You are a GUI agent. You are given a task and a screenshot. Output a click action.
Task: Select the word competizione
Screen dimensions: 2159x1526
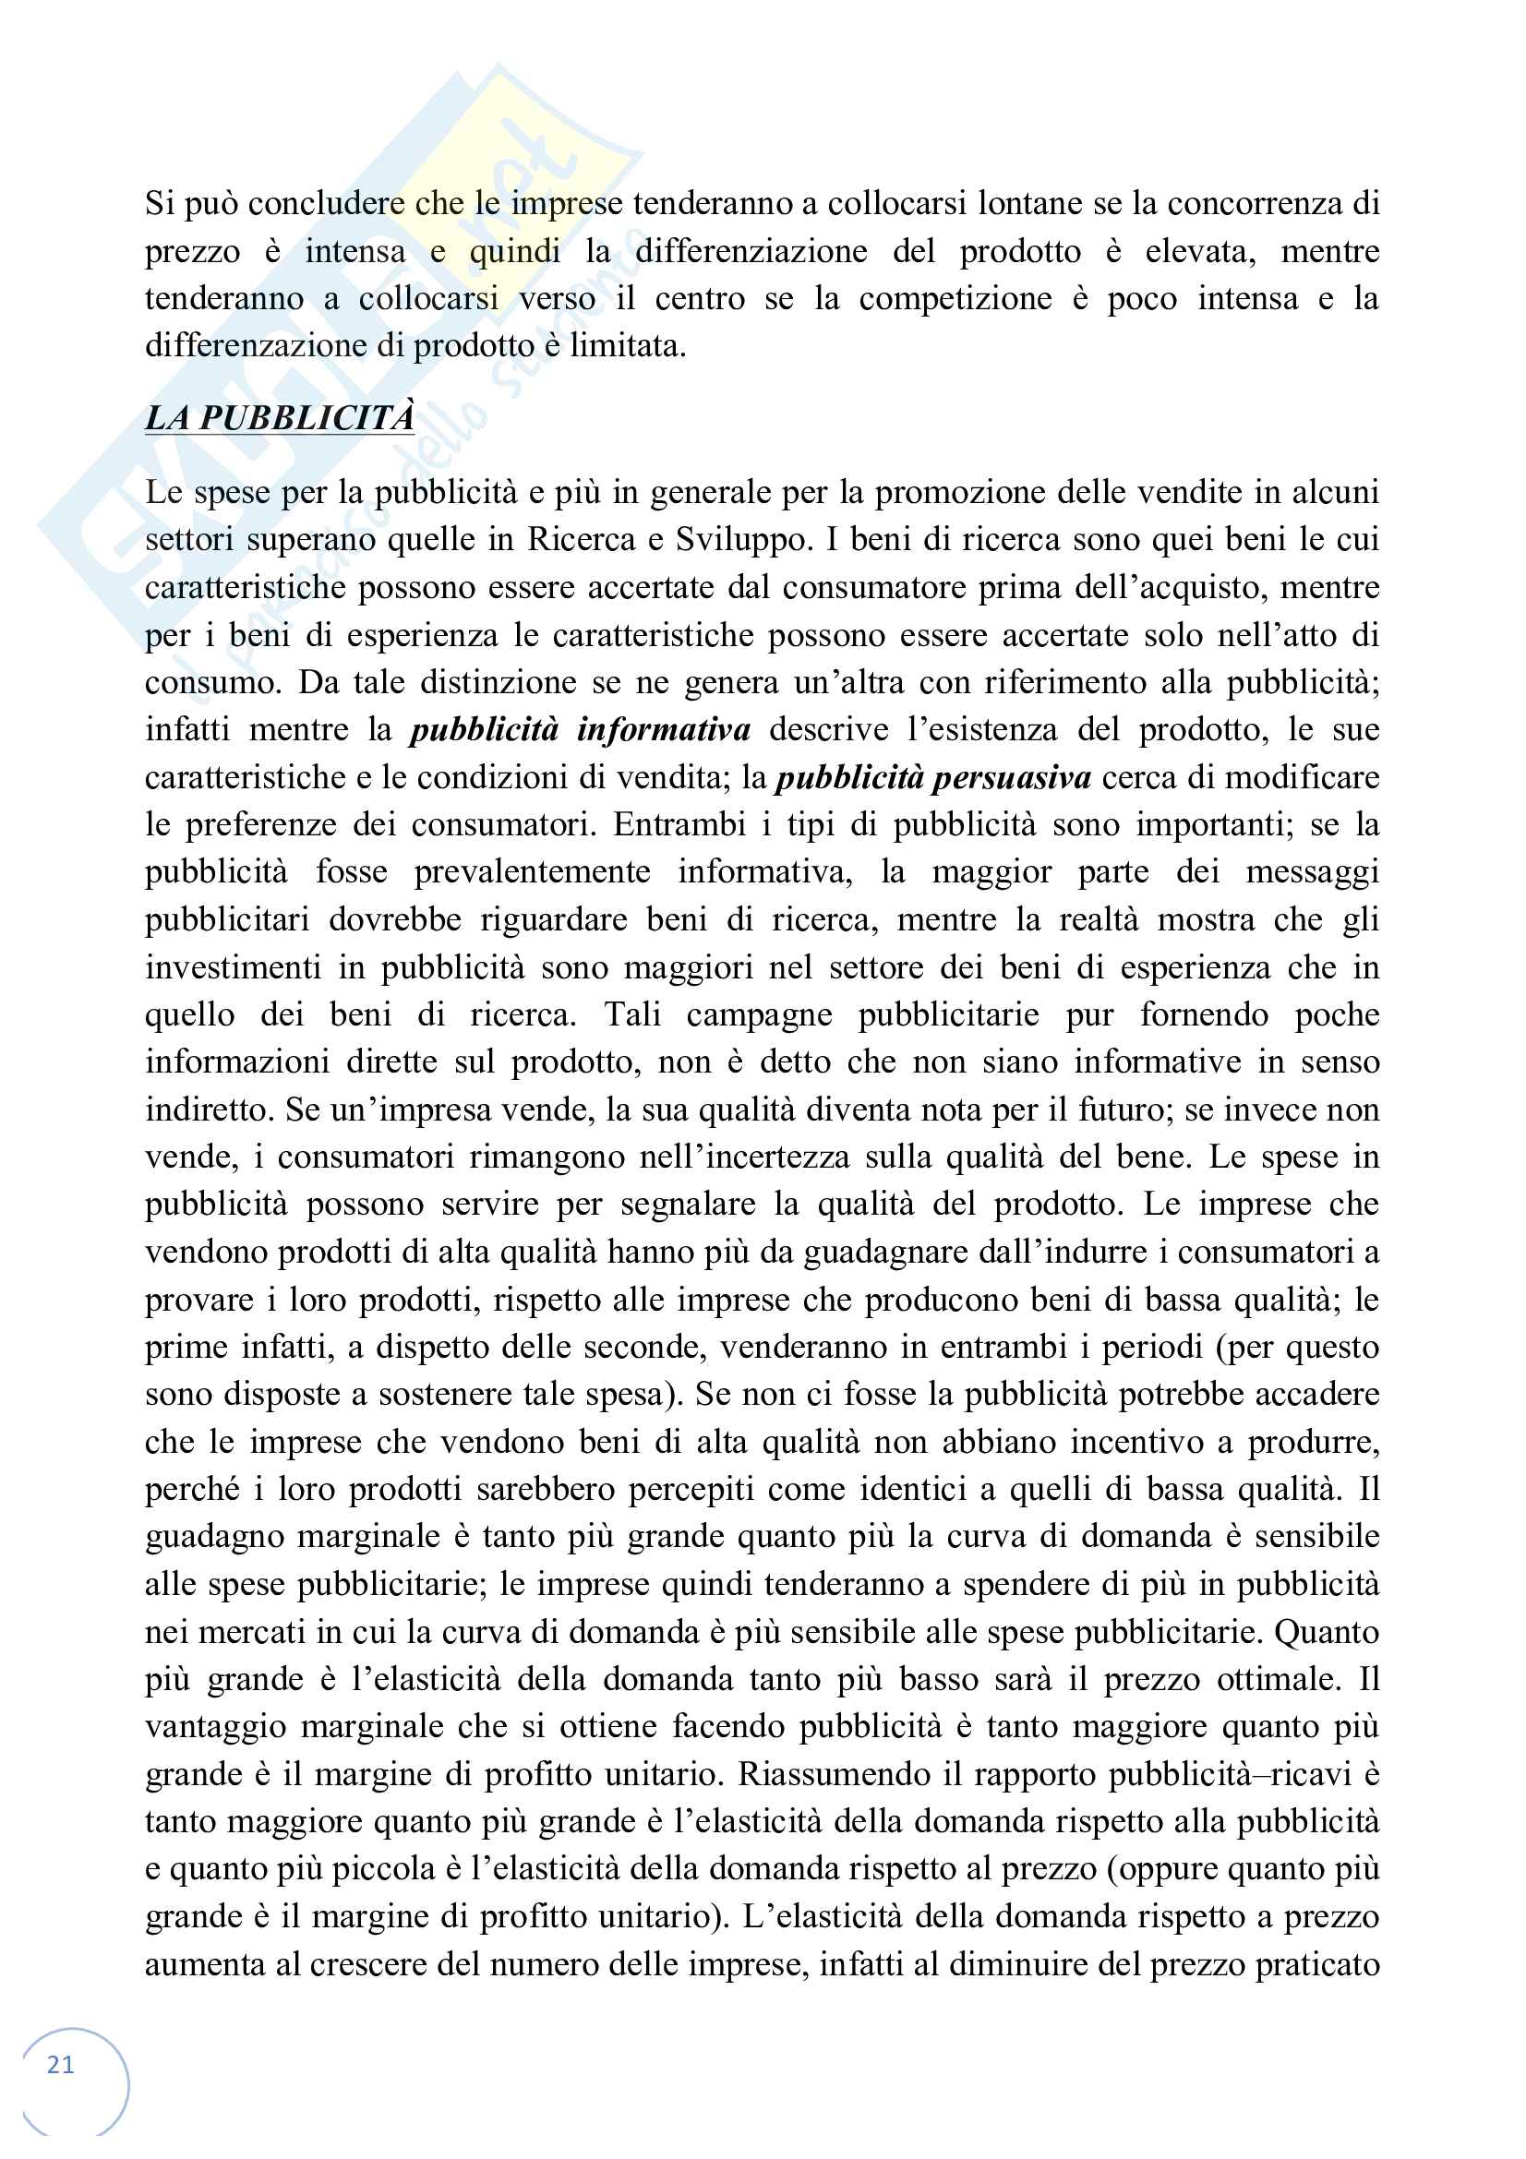(955, 299)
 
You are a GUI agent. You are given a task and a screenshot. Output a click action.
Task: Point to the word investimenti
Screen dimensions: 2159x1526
(234, 966)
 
